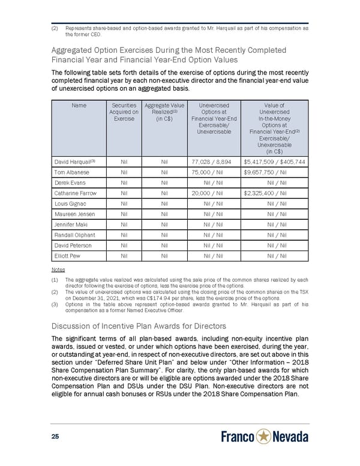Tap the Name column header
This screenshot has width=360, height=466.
78,106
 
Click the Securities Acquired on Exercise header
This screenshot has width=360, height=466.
124,112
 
